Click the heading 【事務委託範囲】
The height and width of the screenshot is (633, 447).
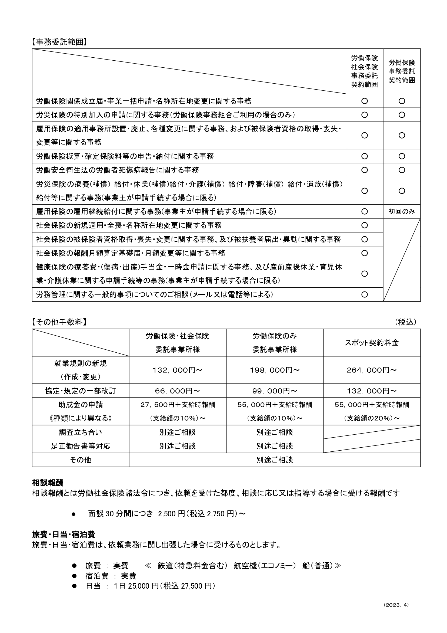tap(59, 42)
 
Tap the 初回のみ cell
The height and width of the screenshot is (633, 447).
tap(402, 211)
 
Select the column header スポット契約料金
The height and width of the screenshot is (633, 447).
tap(372, 343)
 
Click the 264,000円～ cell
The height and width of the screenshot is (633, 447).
tap(372, 370)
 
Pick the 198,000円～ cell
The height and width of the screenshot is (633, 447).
tap(274, 370)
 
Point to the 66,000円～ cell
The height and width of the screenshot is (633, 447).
tap(177, 391)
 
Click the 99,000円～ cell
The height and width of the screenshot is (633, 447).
tap(274, 391)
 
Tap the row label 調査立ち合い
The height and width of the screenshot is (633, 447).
tap(80, 432)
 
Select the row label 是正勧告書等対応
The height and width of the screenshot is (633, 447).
tap(80, 446)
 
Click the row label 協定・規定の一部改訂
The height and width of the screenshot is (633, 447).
tap(80, 391)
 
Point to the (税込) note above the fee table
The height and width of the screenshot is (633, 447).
tap(405, 322)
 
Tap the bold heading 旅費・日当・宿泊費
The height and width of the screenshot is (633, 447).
tap(64, 534)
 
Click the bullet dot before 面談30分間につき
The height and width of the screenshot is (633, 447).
tap(74, 514)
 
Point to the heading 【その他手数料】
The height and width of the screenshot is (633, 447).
tap(59, 322)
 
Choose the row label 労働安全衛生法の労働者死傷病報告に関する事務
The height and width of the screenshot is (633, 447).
tap(118, 170)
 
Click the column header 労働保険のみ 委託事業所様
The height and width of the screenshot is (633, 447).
tap(274, 343)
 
